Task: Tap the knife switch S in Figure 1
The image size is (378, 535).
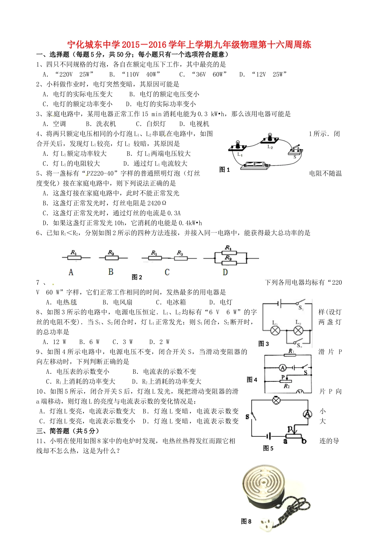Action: [x=295, y=151]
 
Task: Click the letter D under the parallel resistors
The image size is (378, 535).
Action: [x=225, y=272]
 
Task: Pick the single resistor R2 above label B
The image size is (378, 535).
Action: [x=111, y=258]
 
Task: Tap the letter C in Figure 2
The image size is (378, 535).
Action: [x=167, y=272]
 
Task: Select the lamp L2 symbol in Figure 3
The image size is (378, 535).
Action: [x=298, y=330]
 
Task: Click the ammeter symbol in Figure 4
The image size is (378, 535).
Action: [x=282, y=367]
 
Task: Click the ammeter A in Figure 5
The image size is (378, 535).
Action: [x=307, y=414]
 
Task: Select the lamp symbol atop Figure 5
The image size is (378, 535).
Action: [x=276, y=400]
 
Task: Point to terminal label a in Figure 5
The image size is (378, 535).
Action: [x=286, y=441]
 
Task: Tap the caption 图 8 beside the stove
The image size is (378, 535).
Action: [x=246, y=521]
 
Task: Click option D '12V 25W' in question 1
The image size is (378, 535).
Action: [x=263, y=74]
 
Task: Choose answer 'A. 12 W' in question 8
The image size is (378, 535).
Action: [x=54, y=342]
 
